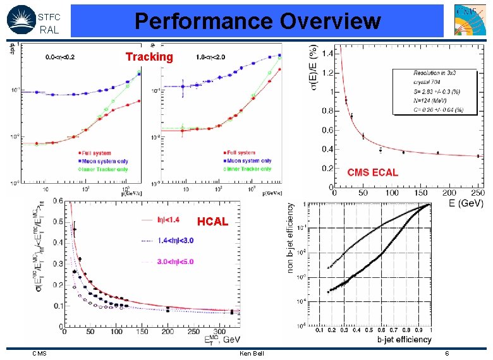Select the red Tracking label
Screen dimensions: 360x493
[x=149, y=57]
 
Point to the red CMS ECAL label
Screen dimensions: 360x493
[x=373, y=172]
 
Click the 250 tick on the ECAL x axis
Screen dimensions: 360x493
[x=478, y=193]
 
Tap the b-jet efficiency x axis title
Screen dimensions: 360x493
[x=405, y=340]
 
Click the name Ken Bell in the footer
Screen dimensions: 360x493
[x=251, y=353]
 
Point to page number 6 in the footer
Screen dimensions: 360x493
[x=447, y=353]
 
